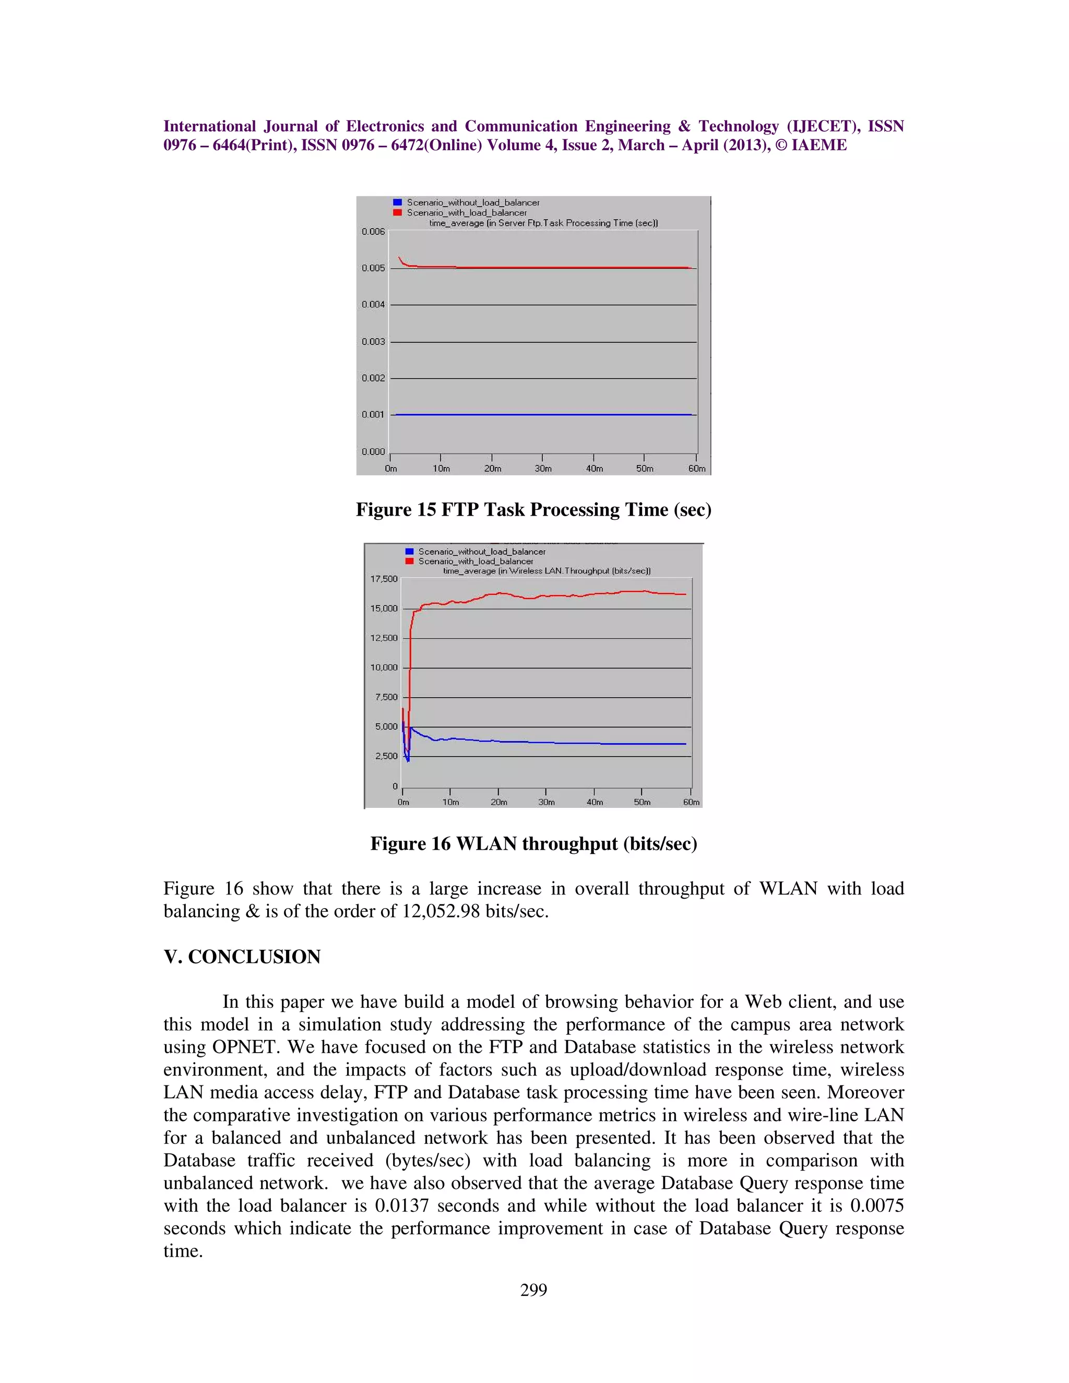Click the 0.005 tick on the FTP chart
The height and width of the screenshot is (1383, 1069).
click(x=373, y=268)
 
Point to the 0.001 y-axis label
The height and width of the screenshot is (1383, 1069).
click(x=373, y=415)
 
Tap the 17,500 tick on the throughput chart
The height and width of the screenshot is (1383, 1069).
click(x=384, y=579)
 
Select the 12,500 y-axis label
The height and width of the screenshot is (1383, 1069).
click(x=384, y=638)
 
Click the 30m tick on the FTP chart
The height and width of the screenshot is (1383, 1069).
click(x=543, y=469)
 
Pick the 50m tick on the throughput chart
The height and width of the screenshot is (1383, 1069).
click(x=642, y=802)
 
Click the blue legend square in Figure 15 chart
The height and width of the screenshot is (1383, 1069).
click(x=398, y=202)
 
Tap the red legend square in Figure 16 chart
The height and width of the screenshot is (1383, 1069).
click(x=409, y=561)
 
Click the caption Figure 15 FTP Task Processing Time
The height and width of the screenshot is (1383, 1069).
click(x=533, y=510)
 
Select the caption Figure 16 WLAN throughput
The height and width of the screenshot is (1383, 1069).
click(x=533, y=843)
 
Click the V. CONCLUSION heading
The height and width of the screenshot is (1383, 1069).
click(x=242, y=956)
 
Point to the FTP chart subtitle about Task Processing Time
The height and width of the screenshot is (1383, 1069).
click(x=543, y=223)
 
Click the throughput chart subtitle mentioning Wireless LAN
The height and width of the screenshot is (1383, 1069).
click(x=547, y=570)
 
